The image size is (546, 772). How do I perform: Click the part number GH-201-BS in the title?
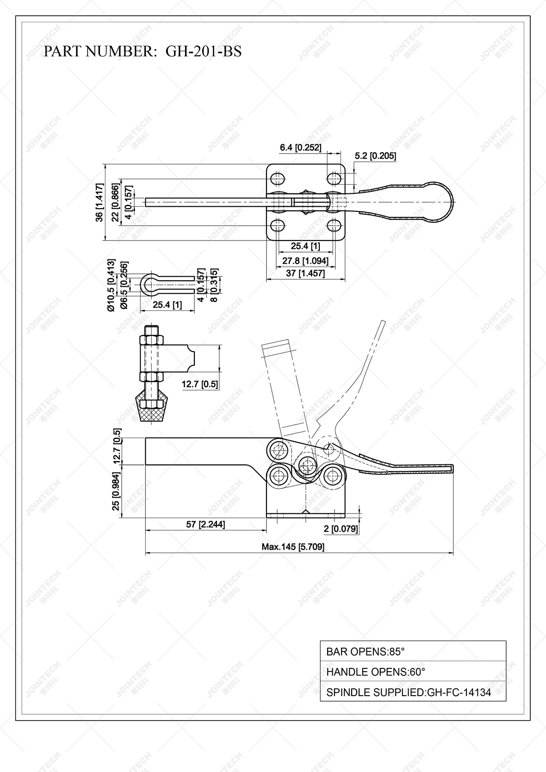[x=203, y=51]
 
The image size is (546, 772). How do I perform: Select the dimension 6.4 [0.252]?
[x=300, y=148]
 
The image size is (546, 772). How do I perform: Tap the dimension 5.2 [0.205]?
[x=375, y=156]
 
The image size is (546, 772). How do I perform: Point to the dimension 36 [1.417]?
[x=99, y=203]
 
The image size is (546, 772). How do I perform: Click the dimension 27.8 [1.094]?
[x=305, y=261]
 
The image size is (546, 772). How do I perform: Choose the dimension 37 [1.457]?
[x=305, y=273]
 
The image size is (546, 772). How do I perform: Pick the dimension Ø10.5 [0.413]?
[x=111, y=285]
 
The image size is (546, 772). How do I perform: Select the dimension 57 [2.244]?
[x=205, y=524]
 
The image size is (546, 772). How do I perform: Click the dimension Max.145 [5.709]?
[x=293, y=547]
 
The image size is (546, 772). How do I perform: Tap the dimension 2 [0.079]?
[x=341, y=529]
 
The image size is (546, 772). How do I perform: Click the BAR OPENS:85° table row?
[x=413, y=652]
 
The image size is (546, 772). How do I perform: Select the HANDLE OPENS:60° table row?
[x=413, y=672]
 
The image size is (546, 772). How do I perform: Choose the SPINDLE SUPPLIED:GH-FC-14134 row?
[x=413, y=692]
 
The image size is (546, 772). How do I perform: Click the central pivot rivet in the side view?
[x=306, y=463]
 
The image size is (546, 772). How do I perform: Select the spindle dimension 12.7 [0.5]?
[x=200, y=384]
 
